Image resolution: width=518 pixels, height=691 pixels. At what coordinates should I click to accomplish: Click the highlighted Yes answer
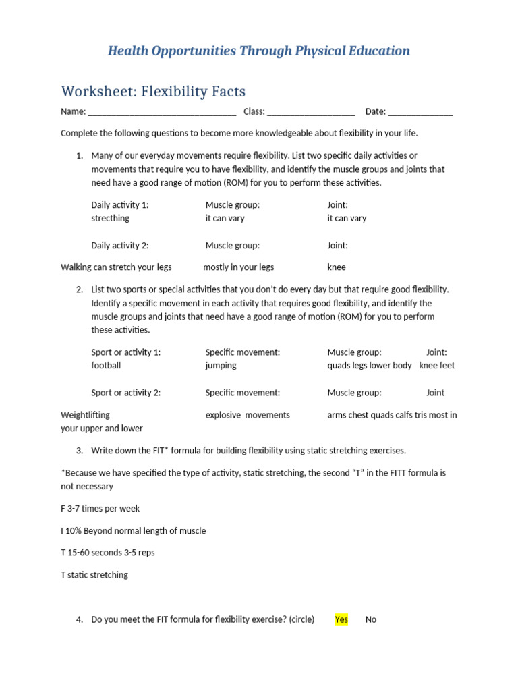(341, 619)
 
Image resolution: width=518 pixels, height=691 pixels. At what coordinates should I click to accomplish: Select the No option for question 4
(371, 619)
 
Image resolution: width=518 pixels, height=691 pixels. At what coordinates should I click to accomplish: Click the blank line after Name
(162, 112)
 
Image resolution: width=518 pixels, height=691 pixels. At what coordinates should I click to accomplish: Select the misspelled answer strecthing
(110, 219)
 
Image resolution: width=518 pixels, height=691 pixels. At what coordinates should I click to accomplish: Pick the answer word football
(106, 366)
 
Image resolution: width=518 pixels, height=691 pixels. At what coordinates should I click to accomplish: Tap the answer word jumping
(221, 366)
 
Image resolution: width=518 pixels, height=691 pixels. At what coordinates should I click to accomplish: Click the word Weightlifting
(85, 415)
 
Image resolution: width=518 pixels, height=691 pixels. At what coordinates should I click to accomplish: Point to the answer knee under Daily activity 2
(337, 267)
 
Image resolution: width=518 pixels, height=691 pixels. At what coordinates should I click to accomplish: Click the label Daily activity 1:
(119, 205)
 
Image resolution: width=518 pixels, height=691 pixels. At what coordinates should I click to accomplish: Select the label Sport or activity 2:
(125, 393)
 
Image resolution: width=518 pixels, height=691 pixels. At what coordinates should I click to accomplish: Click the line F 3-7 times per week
(100, 509)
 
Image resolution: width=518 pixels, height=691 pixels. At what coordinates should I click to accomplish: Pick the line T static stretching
(94, 575)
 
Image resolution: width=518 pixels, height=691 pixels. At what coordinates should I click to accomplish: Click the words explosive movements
(248, 415)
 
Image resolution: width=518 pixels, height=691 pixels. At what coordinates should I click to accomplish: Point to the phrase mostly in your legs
(238, 267)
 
